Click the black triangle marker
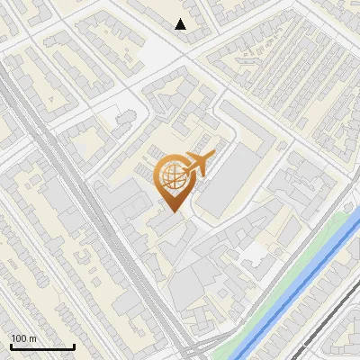click(x=181, y=24)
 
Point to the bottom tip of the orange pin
click(x=172, y=212)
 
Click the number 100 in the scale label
click(x=18, y=338)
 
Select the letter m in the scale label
click(x=32, y=338)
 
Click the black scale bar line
click(x=42, y=346)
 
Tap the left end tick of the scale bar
click(x=10, y=345)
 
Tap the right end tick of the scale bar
click(x=75, y=345)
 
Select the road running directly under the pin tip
click(x=180, y=225)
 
